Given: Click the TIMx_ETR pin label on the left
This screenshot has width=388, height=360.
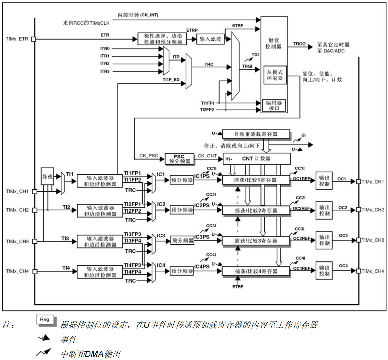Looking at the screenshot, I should tap(17, 39).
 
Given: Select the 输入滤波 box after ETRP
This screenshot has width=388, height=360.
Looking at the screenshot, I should tap(210, 39).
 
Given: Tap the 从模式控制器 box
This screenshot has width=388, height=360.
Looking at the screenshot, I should tap(275, 75).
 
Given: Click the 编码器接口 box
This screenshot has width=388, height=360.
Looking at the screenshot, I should tap(274, 105).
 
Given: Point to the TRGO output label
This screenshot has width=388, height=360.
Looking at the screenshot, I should tap(299, 44).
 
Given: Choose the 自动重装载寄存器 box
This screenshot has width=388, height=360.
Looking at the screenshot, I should tap(256, 134).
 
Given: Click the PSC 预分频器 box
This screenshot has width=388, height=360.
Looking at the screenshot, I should tap(179, 159).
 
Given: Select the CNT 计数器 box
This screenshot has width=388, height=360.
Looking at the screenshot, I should tap(256, 159).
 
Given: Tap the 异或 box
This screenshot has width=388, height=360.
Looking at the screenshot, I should tap(47, 177).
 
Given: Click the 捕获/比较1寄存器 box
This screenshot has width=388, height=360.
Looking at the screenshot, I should tap(256, 180).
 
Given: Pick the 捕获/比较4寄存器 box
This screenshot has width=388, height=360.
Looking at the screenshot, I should tap(256, 271).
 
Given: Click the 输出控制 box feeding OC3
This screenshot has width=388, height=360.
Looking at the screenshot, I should tap(324, 240).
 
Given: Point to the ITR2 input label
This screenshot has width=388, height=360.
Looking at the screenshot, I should tap(105, 63).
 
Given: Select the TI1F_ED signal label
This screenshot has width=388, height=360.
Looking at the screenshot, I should tap(171, 80).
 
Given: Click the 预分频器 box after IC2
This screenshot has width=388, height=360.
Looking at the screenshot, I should tap(182, 210).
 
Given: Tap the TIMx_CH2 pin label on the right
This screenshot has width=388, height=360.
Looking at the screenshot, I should tap(373, 210).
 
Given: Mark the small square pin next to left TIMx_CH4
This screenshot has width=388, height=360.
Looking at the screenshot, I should tap(35, 271).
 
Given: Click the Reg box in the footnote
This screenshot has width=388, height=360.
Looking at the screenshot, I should tap(45, 319).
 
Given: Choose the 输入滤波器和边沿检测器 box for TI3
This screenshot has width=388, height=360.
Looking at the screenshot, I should tap(100, 241).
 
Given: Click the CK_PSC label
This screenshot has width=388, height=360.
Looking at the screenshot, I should tap(148, 156).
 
